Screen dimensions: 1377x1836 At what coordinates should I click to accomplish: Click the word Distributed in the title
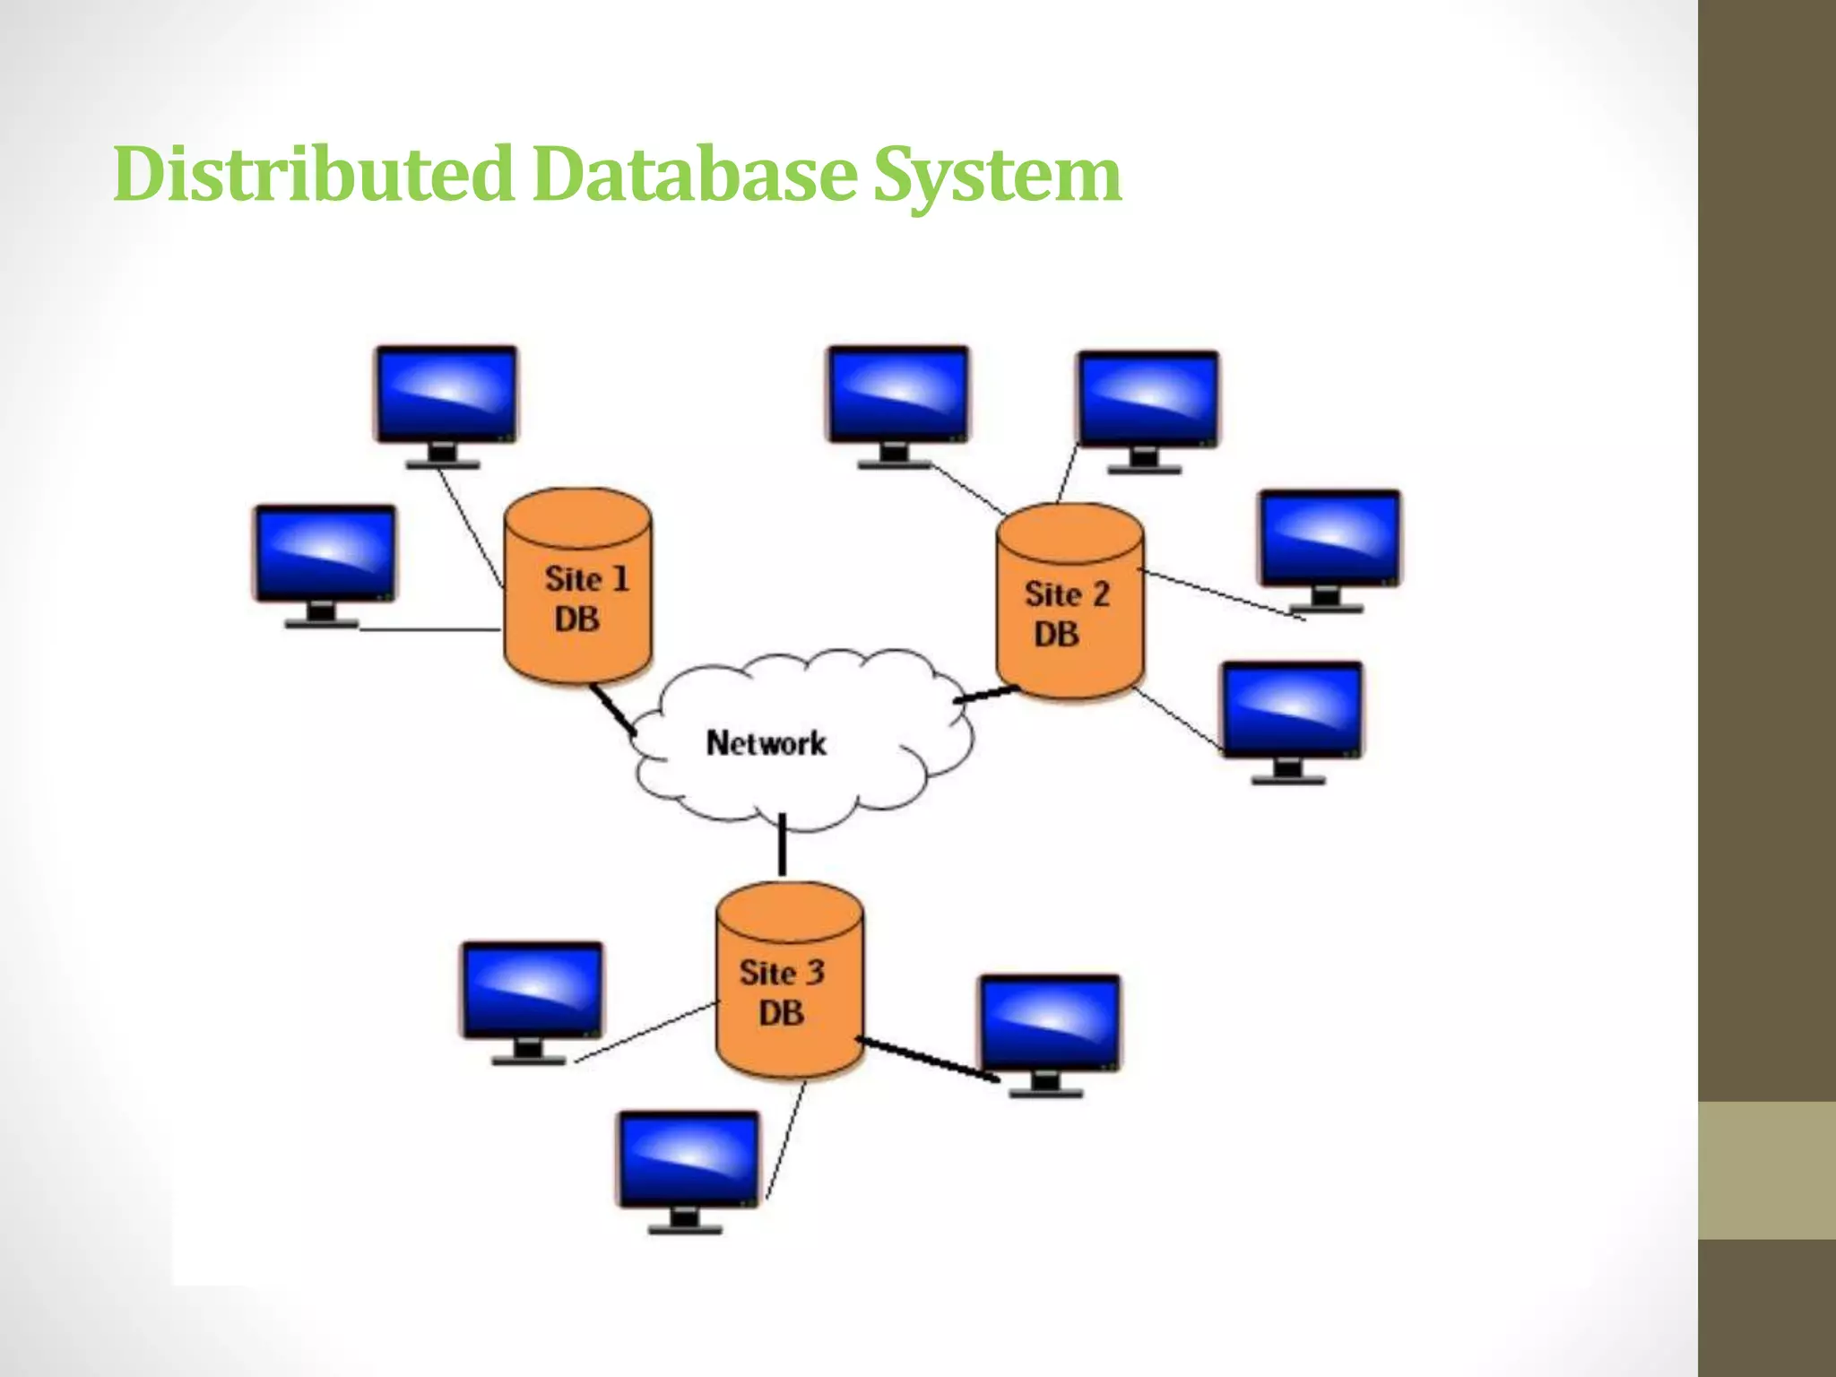click(313, 174)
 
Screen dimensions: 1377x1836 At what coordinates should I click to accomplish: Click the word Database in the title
click(695, 174)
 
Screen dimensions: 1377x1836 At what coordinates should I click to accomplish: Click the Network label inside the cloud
click(766, 743)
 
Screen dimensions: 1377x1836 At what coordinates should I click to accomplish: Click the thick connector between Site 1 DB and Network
click(612, 709)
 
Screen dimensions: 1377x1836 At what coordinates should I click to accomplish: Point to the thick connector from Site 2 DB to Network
click(986, 695)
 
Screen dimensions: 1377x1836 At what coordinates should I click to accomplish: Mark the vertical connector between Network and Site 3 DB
click(782, 844)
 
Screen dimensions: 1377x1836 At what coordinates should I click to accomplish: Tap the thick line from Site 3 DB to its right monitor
click(928, 1060)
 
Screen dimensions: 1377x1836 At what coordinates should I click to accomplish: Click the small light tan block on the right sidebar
click(1766, 1170)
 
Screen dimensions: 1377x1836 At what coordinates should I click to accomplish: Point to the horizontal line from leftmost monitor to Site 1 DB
click(430, 629)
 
